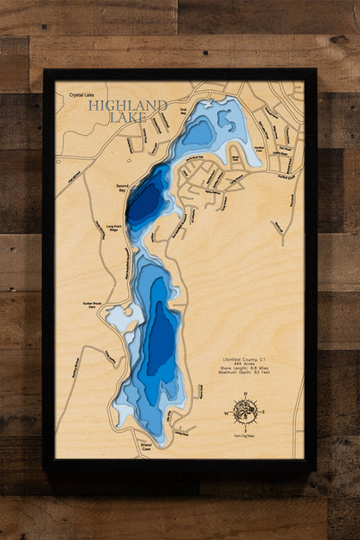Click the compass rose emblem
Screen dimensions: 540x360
click(x=245, y=411)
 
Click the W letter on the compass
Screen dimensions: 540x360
click(x=228, y=412)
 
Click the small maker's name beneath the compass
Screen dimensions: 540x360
click(x=245, y=436)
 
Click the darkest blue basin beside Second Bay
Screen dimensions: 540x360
click(x=145, y=201)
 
